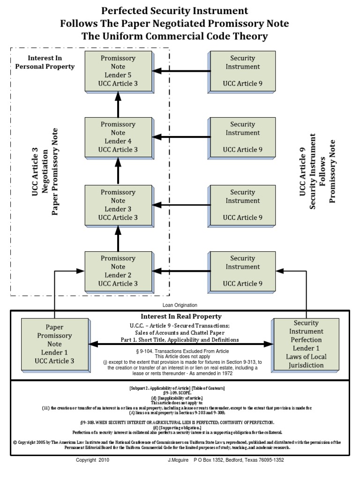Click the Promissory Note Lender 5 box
point(118,71)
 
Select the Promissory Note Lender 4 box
point(118,137)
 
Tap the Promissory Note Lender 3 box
point(118,205)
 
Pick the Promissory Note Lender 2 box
point(118,271)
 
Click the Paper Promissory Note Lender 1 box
point(54,344)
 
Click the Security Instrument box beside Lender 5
point(242,71)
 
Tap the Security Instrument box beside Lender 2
point(242,271)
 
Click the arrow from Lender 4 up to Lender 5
point(118,104)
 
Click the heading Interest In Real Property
point(181,316)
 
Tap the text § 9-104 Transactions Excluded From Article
point(181,351)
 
